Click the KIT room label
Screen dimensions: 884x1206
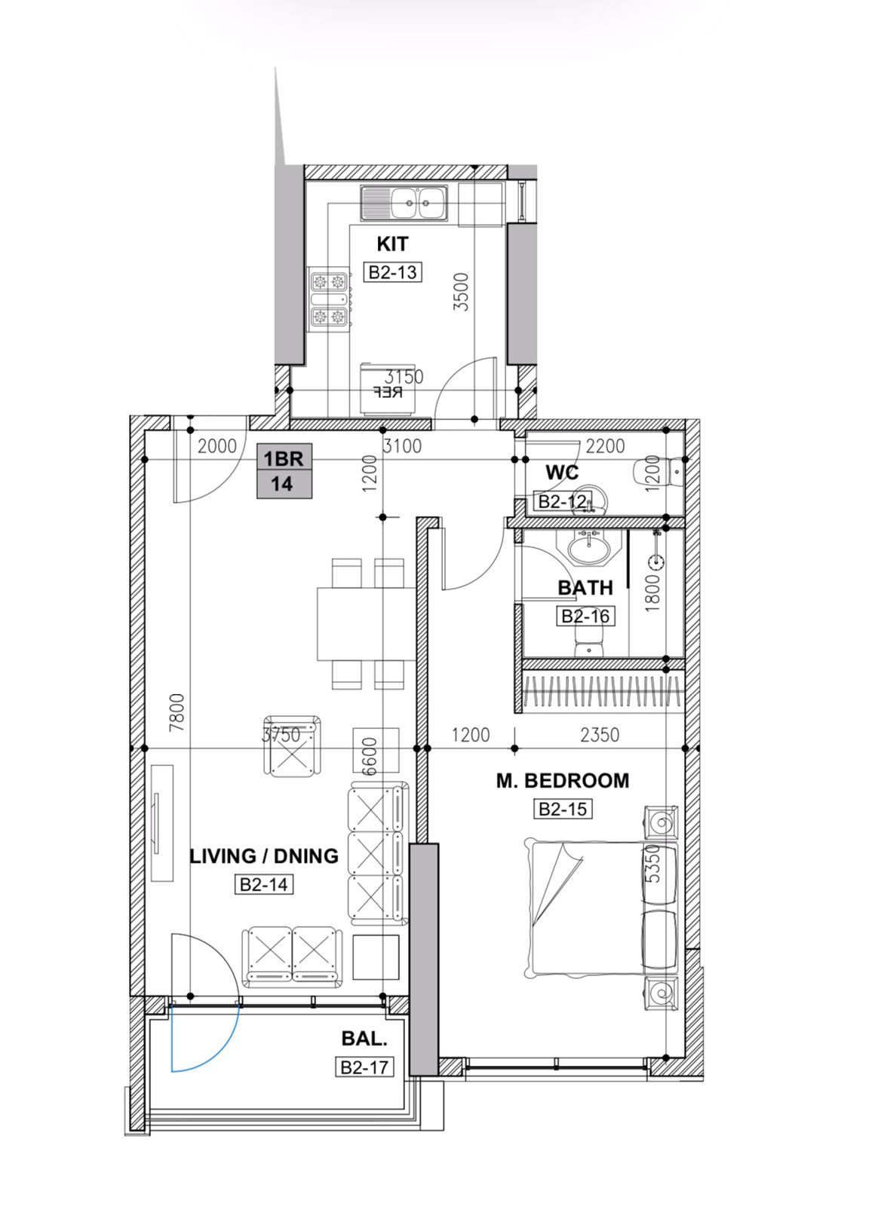click(392, 244)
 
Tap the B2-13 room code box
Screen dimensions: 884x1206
click(392, 272)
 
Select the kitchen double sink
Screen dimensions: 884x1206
click(404, 203)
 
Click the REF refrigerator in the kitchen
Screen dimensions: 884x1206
click(388, 389)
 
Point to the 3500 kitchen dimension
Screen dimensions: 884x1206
click(462, 292)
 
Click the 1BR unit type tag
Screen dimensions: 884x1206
click(284, 459)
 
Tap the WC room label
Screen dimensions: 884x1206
click(562, 472)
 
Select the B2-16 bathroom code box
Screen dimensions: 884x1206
click(585, 615)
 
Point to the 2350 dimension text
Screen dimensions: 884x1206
click(600, 734)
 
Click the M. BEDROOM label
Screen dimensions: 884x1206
click(563, 781)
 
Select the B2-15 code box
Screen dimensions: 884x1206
click(563, 809)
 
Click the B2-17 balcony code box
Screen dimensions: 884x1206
click(364, 1067)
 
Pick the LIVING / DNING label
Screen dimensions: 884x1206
click(264, 856)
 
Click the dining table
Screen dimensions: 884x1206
click(367, 624)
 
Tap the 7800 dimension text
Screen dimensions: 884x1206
click(176, 712)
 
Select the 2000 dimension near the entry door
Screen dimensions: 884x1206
click(217, 445)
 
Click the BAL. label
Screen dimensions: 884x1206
click(364, 1039)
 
